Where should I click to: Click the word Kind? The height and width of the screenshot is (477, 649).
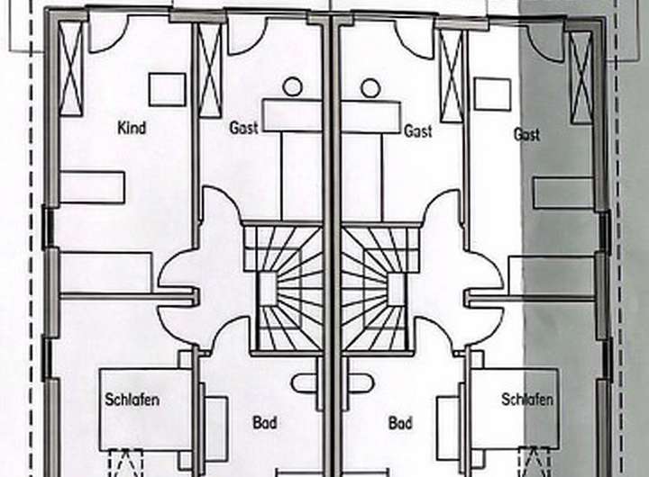click(x=132, y=128)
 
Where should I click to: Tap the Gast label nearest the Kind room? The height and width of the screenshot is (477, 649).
click(x=243, y=128)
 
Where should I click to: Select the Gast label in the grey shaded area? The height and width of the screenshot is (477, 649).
click(x=526, y=134)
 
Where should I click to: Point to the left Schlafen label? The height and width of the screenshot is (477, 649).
click(x=132, y=400)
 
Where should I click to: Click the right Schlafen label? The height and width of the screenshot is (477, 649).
click(x=527, y=400)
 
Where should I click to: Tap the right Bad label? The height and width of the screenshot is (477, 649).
click(x=400, y=422)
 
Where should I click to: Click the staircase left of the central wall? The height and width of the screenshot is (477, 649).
click(x=282, y=288)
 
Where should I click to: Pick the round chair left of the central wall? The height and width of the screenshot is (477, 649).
click(x=292, y=87)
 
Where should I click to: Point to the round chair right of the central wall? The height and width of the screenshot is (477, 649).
click(x=370, y=87)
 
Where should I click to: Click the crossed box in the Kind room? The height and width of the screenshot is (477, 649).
click(x=71, y=68)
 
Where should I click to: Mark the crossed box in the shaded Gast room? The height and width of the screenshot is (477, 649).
click(x=581, y=77)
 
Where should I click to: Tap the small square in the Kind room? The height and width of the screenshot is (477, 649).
click(x=167, y=89)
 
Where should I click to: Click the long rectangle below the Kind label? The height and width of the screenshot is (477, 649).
click(x=92, y=187)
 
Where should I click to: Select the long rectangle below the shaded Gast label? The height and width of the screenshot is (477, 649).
click(x=562, y=193)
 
